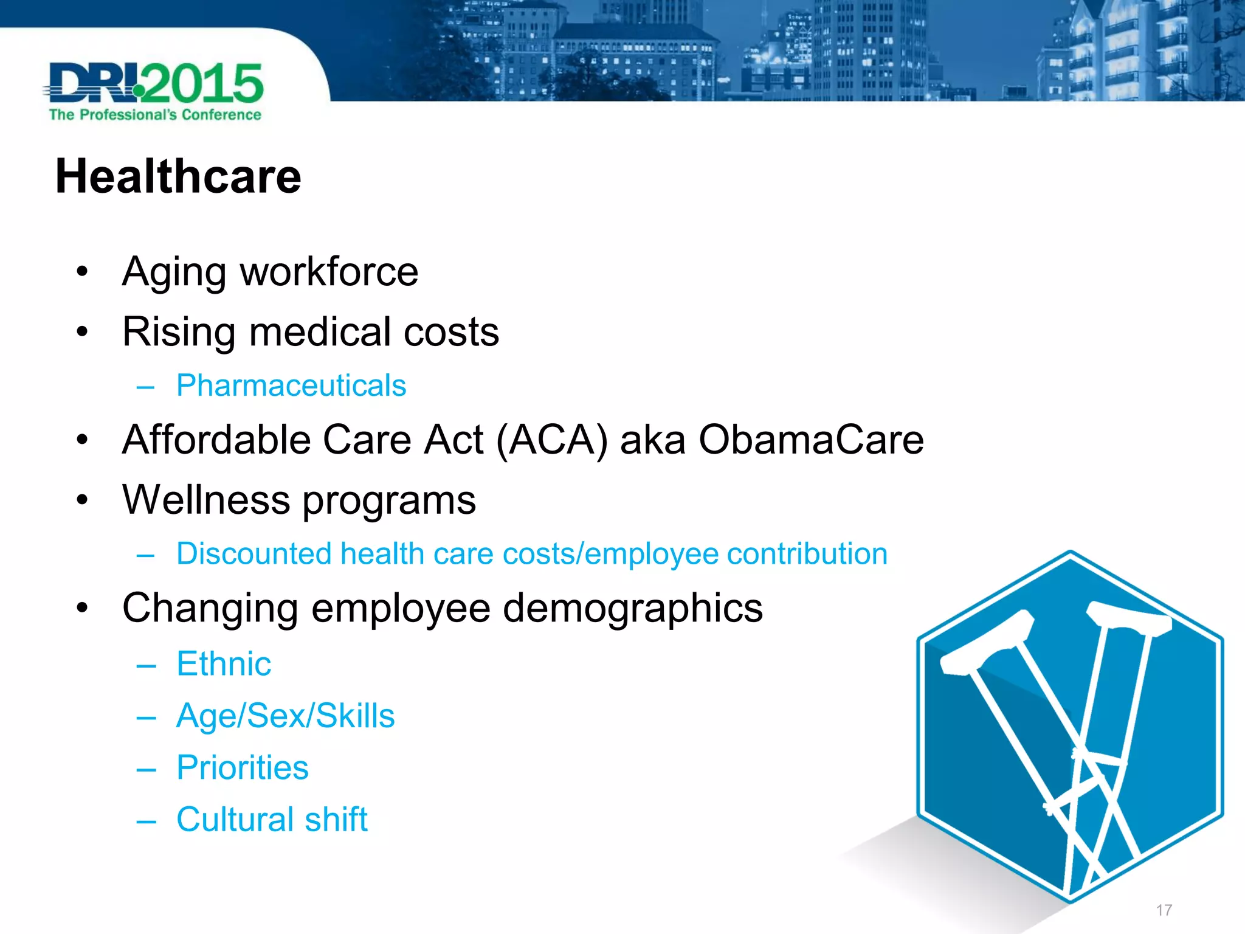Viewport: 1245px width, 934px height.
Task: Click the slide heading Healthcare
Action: point(178,176)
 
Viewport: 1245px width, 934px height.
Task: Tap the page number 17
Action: point(1164,910)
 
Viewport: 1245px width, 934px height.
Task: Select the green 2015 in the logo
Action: point(204,84)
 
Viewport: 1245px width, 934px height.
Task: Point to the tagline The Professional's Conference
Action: point(155,115)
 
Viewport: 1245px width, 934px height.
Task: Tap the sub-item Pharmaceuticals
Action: point(291,386)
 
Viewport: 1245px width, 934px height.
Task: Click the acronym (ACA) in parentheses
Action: point(552,440)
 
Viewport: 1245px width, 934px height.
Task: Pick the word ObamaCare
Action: point(811,440)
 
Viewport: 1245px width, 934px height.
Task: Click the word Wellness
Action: point(207,500)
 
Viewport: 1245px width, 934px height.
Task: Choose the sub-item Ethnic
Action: point(224,663)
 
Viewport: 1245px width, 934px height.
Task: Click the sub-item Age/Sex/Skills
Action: point(285,716)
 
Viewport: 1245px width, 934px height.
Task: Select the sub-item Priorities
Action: point(243,767)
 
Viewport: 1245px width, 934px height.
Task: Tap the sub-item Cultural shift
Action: point(272,819)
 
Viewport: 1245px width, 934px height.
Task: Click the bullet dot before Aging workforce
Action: point(83,272)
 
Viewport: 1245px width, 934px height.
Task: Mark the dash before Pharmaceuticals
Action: point(146,387)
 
